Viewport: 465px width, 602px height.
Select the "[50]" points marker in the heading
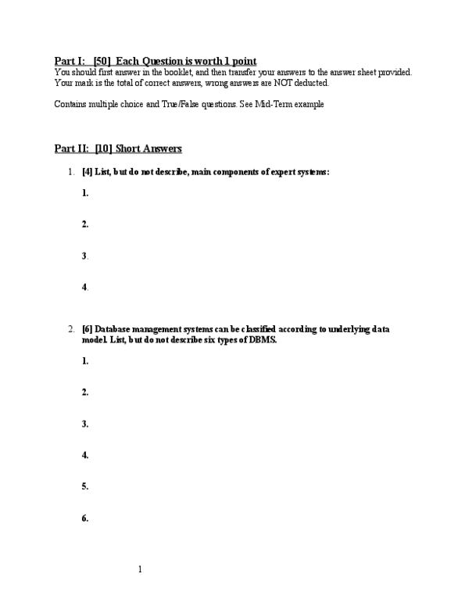click(102, 61)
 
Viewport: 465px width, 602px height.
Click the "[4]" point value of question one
click(87, 172)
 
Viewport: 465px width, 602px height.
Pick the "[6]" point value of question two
click(87, 330)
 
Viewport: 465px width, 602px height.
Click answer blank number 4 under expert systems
click(84, 288)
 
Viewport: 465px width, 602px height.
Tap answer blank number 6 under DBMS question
click(84, 518)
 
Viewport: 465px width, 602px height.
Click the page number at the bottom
click(139, 569)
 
